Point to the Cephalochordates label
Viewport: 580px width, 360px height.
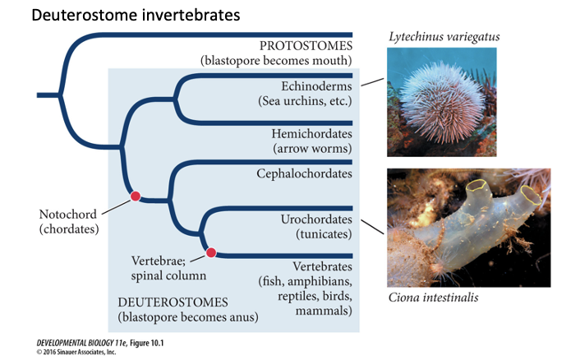(304, 173)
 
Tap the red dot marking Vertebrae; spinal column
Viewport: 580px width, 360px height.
(211, 253)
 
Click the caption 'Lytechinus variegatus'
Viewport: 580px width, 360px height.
(443, 36)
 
